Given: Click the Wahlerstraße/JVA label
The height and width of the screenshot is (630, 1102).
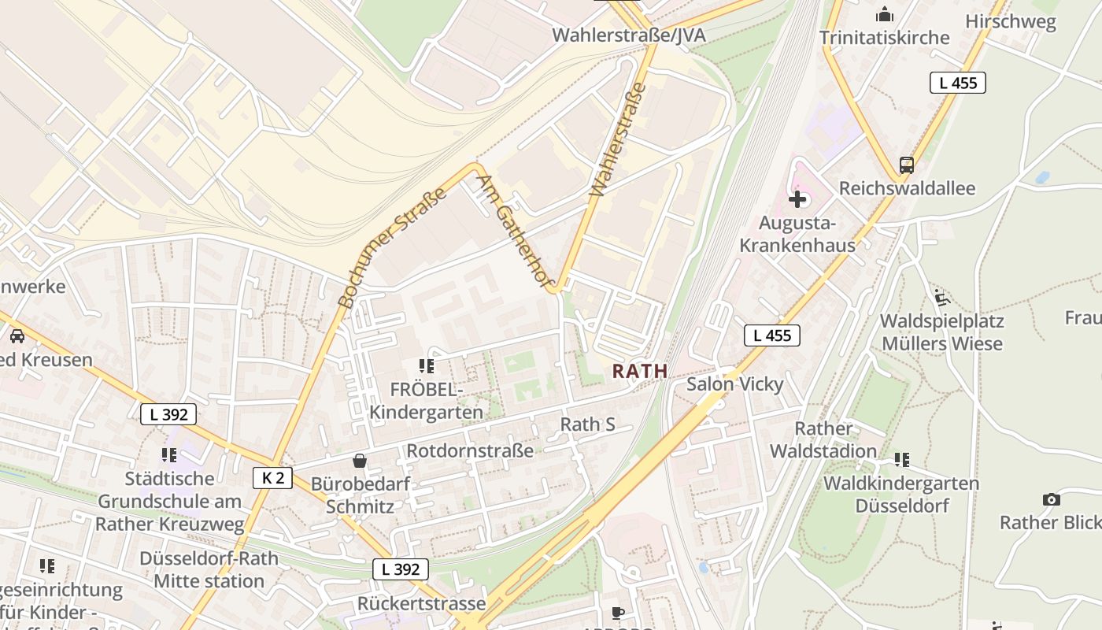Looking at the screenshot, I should pyautogui.click(x=628, y=35).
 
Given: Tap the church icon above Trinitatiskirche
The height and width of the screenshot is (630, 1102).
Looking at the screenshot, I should pyautogui.click(x=885, y=15).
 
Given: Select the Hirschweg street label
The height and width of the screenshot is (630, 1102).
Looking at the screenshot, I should pyautogui.click(x=1010, y=21).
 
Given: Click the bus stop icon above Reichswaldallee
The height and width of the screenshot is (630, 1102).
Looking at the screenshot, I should pyautogui.click(x=907, y=165).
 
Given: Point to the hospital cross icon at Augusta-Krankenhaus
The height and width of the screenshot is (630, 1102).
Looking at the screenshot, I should pyautogui.click(x=797, y=199).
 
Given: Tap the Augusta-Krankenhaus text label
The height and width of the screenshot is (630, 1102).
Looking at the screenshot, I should pyautogui.click(x=797, y=234).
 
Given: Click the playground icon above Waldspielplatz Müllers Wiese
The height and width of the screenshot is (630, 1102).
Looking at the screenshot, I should pyautogui.click(x=941, y=298).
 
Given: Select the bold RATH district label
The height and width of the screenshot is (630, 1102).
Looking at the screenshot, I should pyautogui.click(x=640, y=371).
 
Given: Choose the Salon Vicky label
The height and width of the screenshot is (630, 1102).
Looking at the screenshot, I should pyautogui.click(x=734, y=384).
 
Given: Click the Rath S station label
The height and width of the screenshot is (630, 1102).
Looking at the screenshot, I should pyautogui.click(x=587, y=424).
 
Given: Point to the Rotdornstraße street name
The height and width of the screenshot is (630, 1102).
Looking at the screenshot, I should pyautogui.click(x=469, y=450).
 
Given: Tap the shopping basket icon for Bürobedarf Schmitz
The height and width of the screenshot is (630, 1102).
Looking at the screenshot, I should pyautogui.click(x=360, y=460).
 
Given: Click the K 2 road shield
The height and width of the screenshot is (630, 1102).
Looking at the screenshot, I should pyautogui.click(x=273, y=477).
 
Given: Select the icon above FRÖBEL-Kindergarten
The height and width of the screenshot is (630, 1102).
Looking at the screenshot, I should pyautogui.click(x=427, y=365).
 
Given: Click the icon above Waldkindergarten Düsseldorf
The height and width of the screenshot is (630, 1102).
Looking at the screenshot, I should pyautogui.click(x=901, y=459).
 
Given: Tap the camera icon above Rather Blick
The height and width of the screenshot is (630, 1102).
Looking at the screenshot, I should pyautogui.click(x=1050, y=499).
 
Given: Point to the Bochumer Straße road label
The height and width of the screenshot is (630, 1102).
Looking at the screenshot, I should pyautogui.click(x=391, y=247).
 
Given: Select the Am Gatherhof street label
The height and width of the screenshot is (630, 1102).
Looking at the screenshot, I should pyautogui.click(x=516, y=232).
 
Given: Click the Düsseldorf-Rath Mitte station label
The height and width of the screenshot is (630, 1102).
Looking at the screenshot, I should pyautogui.click(x=209, y=569).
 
